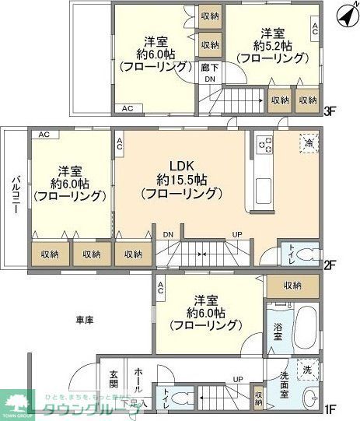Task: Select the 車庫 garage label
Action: click(x=86, y=320)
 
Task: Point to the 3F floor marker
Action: click(x=329, y=111)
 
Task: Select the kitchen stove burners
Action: click(x=264, y=146)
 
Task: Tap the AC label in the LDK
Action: click(x=121, y=143)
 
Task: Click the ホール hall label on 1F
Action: click(x=138, y=380)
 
